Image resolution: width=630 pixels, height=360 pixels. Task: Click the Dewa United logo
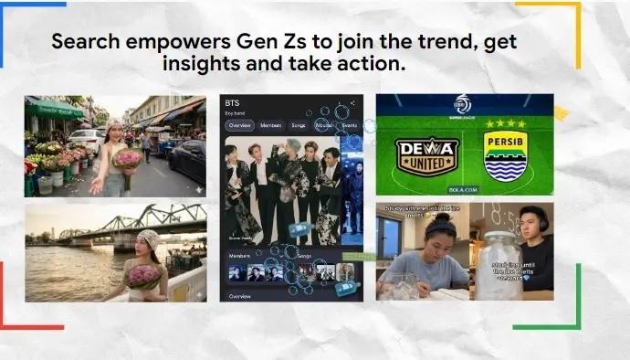[x=426, y=156]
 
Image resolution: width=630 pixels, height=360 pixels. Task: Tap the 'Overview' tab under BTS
[x=239, y=125]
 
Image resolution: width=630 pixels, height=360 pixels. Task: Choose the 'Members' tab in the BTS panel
[x=270, y=125]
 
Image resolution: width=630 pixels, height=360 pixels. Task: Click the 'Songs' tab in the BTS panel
[x=298, y=125]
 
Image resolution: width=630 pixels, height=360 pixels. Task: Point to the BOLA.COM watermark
[x=465, y=191]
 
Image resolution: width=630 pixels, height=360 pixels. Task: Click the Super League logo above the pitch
[x=465, y=106]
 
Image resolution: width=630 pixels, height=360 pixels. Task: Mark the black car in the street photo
[x=187, y=159]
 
